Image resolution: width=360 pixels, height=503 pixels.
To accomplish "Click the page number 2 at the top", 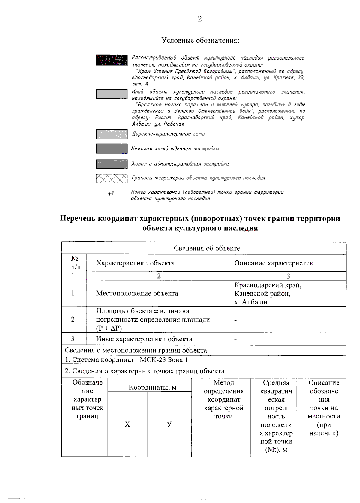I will click(x=200, y=19).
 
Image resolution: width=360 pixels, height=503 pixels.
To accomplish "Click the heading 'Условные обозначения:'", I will click(x=200, y=40).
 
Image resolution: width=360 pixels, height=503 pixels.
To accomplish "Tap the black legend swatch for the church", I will click(x=112, y=60).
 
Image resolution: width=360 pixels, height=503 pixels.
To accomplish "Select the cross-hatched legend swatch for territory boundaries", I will click(x=112, y=178).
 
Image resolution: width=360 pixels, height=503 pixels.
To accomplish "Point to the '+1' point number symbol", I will click(x=111, y=194).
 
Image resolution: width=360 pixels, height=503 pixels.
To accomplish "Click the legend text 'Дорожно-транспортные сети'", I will click(x=168, y=134).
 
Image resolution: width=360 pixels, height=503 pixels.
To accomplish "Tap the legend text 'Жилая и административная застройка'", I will click(x=180, y=164).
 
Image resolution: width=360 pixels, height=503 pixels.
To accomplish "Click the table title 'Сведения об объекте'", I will click(x=207, y=248).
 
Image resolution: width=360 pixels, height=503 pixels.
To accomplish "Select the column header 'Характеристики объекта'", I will click(x=135, y=263).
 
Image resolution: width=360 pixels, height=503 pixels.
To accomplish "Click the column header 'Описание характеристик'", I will click(x=274, y=263).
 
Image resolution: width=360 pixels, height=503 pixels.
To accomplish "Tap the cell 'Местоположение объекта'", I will click(x=137, y=293).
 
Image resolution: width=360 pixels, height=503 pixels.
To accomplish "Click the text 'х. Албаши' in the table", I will click(x=251, y=302).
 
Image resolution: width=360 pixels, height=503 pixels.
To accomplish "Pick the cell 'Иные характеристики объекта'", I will click(x=144, y=339).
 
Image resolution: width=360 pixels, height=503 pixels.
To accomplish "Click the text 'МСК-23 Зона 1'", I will click(x=164, y=360).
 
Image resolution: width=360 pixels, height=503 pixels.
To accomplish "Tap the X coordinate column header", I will click(x=127, y=424).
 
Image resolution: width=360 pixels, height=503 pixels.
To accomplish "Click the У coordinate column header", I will click(x=169, y=424).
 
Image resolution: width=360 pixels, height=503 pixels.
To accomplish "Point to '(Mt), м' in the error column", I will click(x=276, y=450).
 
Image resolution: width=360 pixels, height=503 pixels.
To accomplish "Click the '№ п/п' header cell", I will click(x=74, y=263).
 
